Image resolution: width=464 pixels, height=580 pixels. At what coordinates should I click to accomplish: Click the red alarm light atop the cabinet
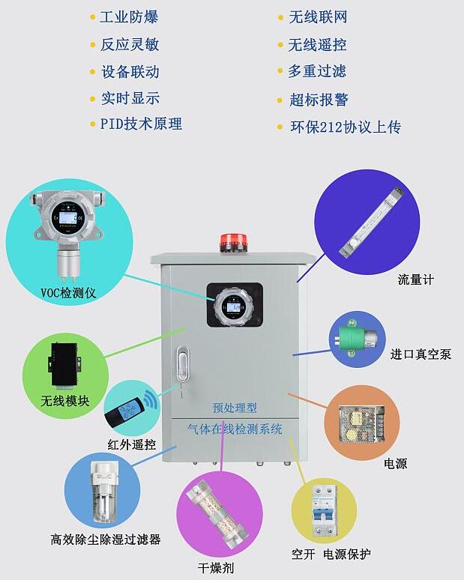pos(230,241)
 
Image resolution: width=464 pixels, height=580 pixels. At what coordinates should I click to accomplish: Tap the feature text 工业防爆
pos(129,17)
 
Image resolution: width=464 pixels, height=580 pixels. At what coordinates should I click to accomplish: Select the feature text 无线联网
pos(318,17)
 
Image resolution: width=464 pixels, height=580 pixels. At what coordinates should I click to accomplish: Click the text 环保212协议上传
pos(346,127)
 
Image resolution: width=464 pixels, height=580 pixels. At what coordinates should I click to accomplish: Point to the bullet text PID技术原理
pos(141,124)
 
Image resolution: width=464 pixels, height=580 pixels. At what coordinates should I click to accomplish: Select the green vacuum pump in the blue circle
pos(358,338)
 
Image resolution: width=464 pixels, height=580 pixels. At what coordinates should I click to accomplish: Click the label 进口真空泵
pos(421,354)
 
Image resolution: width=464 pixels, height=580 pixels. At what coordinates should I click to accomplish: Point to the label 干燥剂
pos(216,568)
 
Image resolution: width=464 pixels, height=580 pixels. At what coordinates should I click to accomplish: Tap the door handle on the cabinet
pos(181,363)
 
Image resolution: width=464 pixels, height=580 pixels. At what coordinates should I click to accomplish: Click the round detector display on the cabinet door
pos(234,307)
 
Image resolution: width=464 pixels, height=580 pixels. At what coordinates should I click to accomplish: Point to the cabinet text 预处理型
pos(235,408)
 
